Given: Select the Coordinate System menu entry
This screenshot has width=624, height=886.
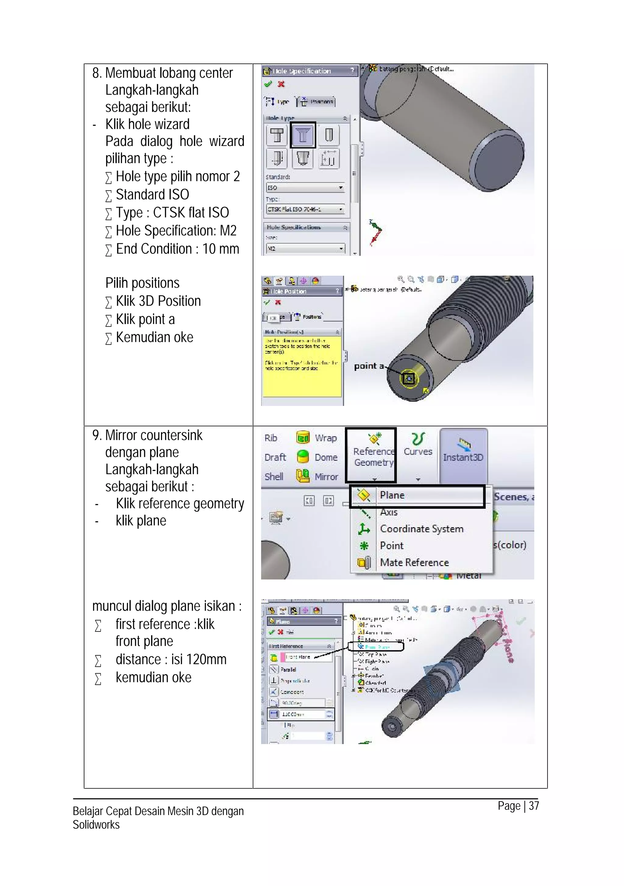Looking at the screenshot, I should coord(421,529).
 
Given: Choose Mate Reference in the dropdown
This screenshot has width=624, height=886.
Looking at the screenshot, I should coord(414,563).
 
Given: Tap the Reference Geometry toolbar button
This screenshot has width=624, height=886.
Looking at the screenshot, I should coord(373,451).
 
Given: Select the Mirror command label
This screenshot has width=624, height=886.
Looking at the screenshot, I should coord(326,477).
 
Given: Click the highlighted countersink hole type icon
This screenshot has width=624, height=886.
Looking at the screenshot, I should coord(303,135).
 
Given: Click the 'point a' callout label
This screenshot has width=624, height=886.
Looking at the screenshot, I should coord(369,366).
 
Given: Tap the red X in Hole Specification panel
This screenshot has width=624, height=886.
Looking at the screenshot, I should coord(281,84).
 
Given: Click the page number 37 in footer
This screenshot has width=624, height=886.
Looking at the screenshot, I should coord(534,806).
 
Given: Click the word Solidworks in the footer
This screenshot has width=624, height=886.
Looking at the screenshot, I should coord(96,825).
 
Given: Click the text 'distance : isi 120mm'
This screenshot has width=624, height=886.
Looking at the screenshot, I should coord(171,660).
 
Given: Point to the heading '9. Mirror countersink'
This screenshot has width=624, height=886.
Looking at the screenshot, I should coord(147,435).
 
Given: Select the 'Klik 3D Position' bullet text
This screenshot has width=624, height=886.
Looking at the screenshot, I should coord(158,301).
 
